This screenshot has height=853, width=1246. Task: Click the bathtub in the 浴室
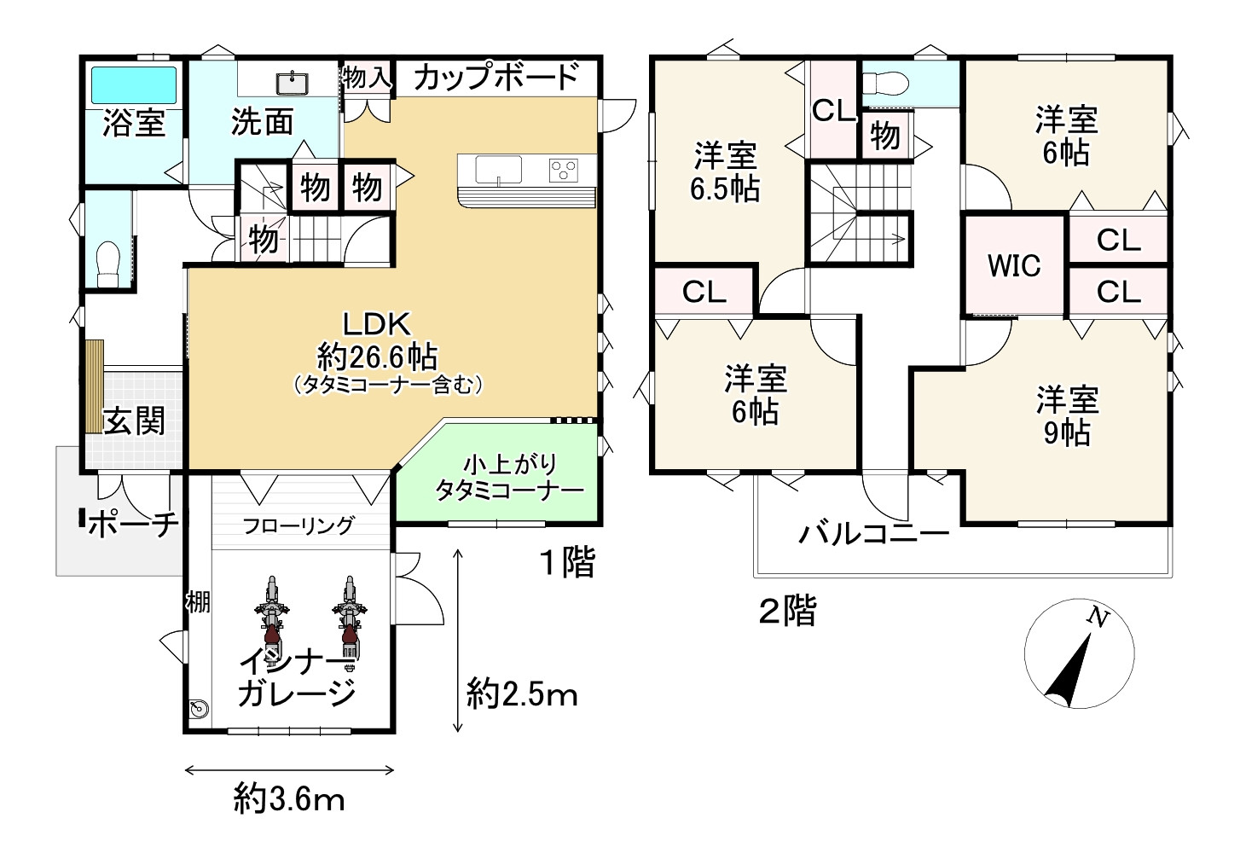[134, 85]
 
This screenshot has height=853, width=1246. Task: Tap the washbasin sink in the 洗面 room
[292, 84]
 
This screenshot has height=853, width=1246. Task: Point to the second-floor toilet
[885, 84]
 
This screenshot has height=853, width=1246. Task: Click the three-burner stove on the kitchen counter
[564, 171]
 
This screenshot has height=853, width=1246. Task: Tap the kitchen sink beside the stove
[498, 170]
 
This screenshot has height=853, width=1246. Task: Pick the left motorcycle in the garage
[271, 617]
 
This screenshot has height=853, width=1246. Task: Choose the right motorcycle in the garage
[349, 617]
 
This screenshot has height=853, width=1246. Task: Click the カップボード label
[496, 78]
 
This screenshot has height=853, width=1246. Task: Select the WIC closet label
[1014, 265]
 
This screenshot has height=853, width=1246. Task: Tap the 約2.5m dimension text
[522, 695]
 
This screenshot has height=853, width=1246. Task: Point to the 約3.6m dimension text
[289, 800]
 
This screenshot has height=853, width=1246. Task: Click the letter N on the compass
[1098, 617]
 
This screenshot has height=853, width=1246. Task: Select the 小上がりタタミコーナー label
[509, 478]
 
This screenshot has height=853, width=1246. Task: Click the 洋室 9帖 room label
[1067, 416]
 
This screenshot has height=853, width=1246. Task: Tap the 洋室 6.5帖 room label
[725, 172]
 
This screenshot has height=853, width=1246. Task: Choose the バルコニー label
[874, 534]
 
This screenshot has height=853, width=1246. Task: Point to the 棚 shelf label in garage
[198, 602]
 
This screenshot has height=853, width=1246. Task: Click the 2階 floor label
[788, 611]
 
